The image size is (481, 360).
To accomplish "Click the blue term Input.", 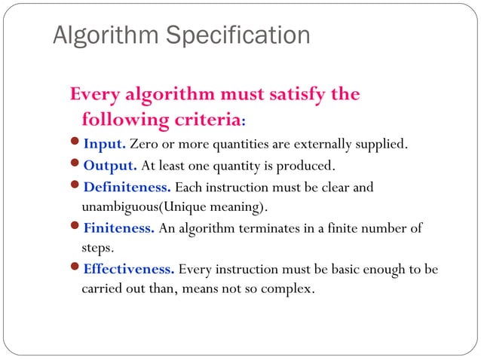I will (105, 144).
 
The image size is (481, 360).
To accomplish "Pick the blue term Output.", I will (110, 166).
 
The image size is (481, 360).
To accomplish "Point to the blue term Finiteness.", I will (119, 228).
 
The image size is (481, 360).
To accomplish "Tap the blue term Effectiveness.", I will (129, 269).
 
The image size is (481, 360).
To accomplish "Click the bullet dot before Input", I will (75, 144).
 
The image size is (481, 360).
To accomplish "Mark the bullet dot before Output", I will (75, 166).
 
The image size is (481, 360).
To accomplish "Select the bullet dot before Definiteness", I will (75, 187).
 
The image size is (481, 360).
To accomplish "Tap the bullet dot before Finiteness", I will (75, 228).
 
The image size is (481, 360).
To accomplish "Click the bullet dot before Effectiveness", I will (75, 269).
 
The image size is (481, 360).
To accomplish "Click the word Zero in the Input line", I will (144, 144).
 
